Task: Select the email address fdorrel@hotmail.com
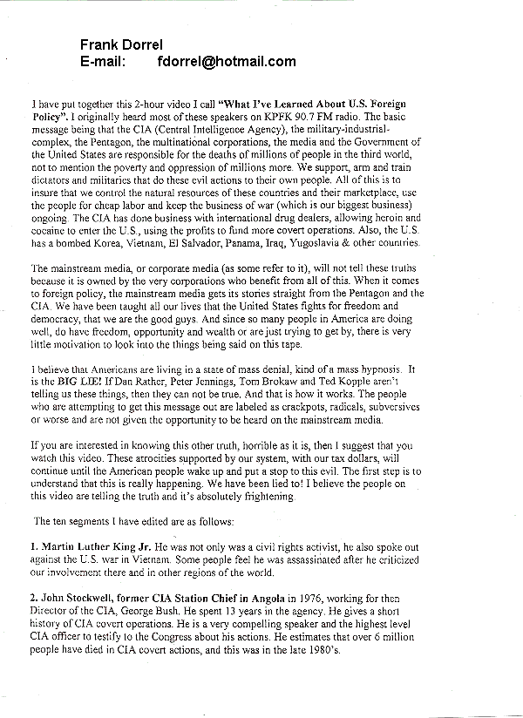pyautogui.click(x=228, y=61)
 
